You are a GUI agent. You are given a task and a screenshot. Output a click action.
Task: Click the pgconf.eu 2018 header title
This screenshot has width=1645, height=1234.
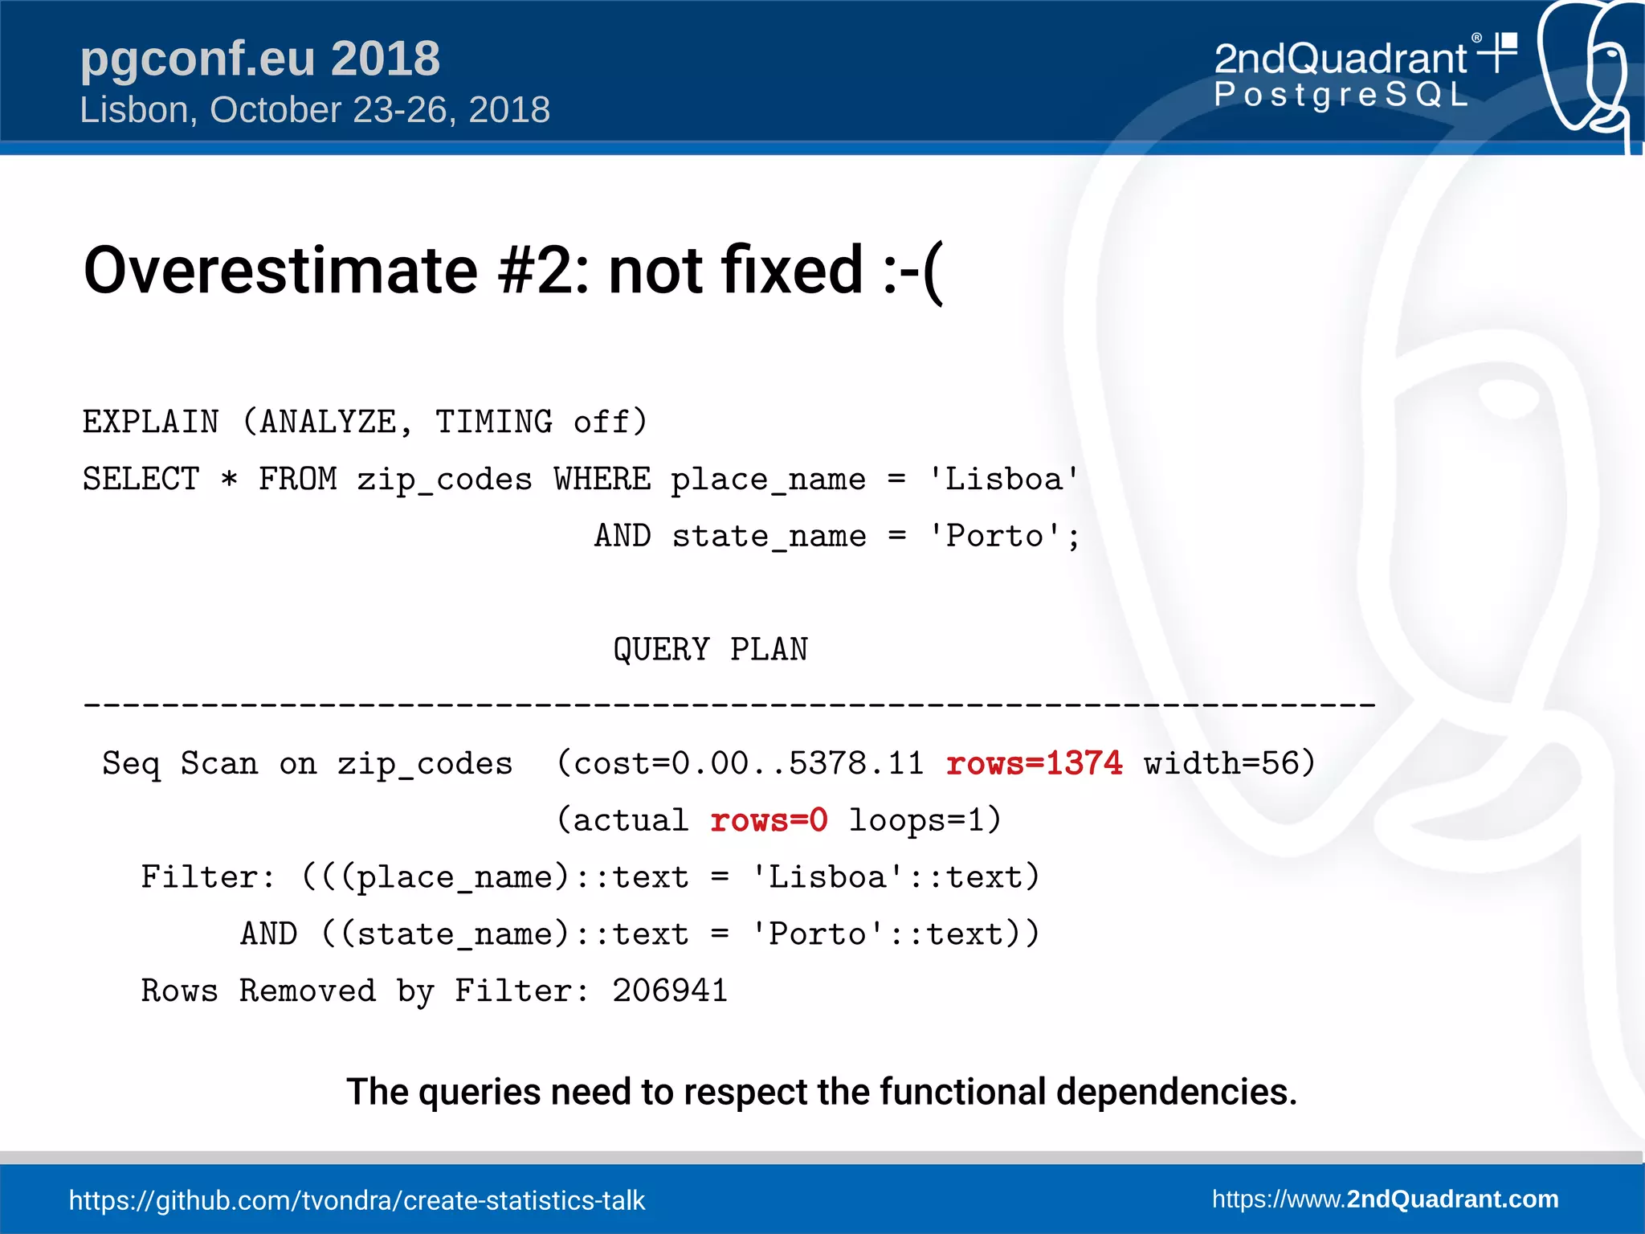click(259, 59)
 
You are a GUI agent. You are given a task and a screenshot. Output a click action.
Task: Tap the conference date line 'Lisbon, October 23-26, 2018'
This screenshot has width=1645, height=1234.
click(314, 110)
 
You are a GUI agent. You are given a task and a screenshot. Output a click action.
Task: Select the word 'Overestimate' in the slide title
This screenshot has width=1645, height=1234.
click(280, 270)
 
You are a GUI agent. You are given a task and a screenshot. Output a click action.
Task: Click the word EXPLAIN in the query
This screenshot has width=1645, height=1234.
click(151, 422)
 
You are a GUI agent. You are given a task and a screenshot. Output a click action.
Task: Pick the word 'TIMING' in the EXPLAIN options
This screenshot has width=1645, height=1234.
click(493, 422)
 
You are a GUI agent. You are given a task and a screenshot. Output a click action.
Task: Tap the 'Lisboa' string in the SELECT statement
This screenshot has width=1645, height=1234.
click(1003, 480)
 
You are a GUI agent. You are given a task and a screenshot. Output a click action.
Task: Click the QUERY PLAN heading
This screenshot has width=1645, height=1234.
click(710, 649)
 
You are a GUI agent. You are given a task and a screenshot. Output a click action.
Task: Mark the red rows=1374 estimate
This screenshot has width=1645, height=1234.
click(1034, 763)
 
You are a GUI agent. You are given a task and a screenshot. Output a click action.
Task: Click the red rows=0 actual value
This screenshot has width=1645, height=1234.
click(769, 820)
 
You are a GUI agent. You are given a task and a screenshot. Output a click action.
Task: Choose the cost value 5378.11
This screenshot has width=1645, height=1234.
click(856, 763)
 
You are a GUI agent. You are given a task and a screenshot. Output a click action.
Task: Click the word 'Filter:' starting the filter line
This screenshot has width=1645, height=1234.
click(208, 876)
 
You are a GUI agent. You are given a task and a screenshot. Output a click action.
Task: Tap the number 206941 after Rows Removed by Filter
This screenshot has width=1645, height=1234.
click(670, 991)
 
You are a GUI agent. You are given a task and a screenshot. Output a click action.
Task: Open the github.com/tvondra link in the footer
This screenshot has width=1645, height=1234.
click(357, 1200)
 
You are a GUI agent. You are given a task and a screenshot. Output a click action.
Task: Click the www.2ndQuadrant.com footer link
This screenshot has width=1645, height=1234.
click(1385, 1199)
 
